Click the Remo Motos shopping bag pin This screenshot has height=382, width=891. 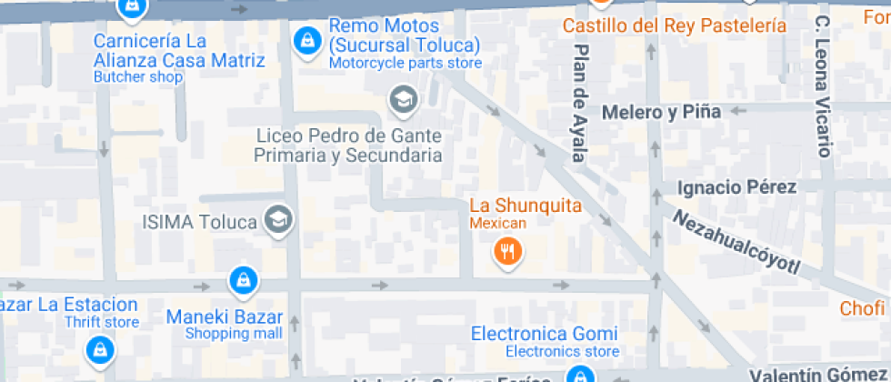point(307,39)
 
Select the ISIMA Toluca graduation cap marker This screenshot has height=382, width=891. point(278,218)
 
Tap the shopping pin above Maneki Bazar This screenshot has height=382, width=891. point(242,280)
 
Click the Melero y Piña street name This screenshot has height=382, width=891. point(661,112)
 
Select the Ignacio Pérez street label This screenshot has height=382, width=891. point(737,187)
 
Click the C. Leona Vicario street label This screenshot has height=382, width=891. point(823,86)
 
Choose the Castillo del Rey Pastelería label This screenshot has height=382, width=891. point(674,25)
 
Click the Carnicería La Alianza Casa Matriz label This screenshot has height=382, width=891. point(179,51)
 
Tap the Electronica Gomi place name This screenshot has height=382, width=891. point(544,334)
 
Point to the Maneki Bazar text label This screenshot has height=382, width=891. point(225,317)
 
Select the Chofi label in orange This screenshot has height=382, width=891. point(862,308)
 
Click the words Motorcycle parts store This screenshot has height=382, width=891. point(405,63)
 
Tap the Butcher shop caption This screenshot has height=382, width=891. point(138,77)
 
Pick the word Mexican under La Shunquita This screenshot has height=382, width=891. point(497,224)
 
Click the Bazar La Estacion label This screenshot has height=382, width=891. point(69,305)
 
